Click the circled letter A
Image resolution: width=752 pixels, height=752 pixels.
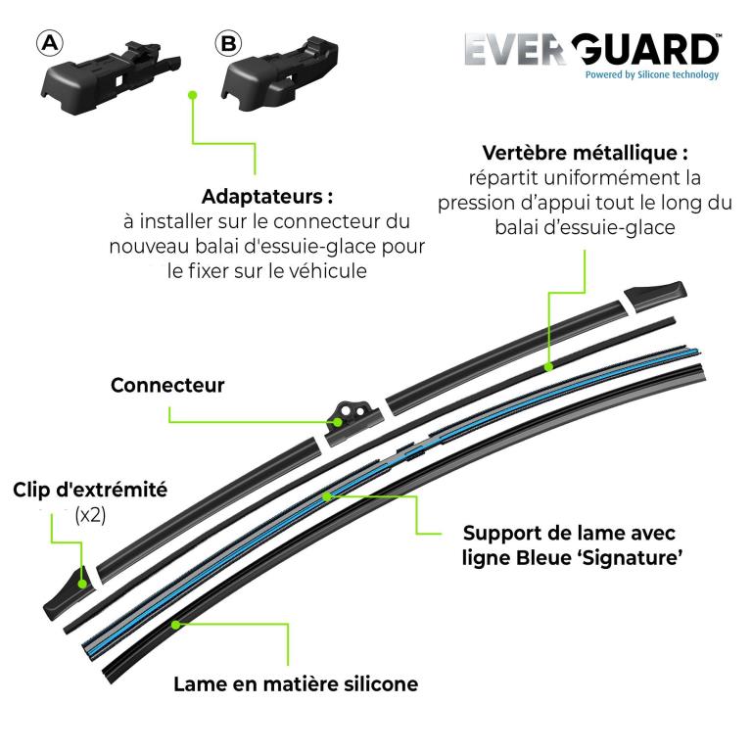(50, 44)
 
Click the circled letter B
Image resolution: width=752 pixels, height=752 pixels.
(228, 44)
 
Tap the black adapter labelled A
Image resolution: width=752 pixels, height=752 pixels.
(112, 77)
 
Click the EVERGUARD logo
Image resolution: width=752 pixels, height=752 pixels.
(592, 49)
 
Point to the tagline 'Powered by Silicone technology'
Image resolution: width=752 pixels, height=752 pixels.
(652, 74)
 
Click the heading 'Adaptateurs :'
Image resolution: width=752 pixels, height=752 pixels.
(267, 197)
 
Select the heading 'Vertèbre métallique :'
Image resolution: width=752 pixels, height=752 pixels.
(586, 153)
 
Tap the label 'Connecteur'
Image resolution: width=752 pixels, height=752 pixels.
(167, 385)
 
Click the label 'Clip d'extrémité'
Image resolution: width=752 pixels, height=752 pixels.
(90, 491)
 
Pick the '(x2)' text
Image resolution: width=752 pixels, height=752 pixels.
(90, 516)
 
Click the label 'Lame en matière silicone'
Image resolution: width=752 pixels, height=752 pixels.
(296, 684)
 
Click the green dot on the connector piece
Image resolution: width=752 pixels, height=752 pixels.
(338, 423)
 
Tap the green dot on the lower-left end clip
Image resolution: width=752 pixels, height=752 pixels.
(82, 585)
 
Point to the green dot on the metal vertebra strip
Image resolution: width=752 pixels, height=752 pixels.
(549, 367)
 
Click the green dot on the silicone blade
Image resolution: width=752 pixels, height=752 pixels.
(176, 625)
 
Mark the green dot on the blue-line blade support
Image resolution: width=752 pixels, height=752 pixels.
(327, 496)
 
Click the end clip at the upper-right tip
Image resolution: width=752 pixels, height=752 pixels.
(655, 296)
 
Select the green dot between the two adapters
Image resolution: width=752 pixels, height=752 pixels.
(193, 95)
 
